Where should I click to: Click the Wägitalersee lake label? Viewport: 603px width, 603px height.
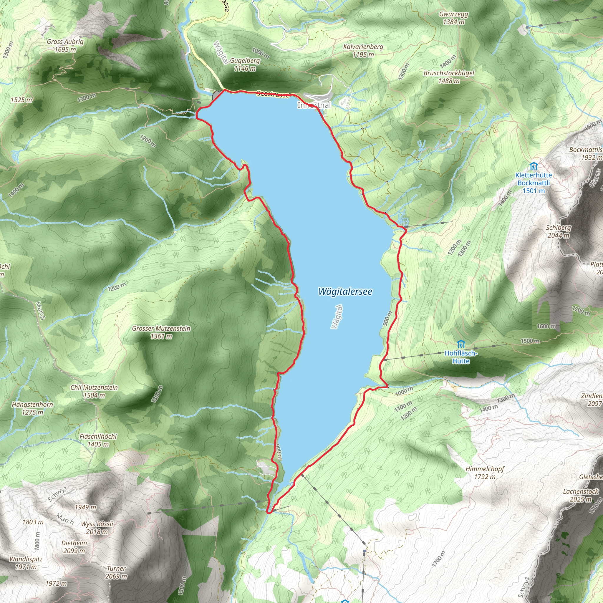pyautogui.click(x=345, y=291)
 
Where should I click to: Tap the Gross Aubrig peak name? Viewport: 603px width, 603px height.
pyautogui.click(x=65, y=46)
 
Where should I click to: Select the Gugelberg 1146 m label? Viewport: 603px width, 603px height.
pyautogui.click(x=245, y=64)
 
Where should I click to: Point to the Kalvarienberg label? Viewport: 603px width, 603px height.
pyautogui.click(x=363, y=51)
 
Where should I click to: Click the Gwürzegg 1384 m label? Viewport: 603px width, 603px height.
pyautogui.click(x=453, y=18)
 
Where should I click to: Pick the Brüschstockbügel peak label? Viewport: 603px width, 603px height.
pyautogui.click(x=449, y=77)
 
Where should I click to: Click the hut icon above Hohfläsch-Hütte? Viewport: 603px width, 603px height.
pyautogui.click(x=460, y=344)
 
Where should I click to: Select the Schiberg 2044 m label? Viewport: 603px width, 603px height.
pyautogui.click(x=558, y=231)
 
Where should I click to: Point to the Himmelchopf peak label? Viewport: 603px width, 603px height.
pyautogui.click(x=485, y=473)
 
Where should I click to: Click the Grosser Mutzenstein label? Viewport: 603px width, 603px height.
pyautogui.click(x=161, y=332)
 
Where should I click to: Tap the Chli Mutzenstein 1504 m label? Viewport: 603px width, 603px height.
pyautogui.click(x=94, y=391)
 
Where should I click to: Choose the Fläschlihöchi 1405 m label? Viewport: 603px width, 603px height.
pyautogui.click(x=98, y=440)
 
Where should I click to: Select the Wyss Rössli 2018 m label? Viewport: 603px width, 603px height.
pyautogui.click(x=97, y=527)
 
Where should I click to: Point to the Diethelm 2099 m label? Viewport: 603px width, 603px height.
pyautogui.click(x=74, y=546)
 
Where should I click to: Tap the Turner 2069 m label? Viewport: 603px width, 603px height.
pyautogui.click(x=116, y=572)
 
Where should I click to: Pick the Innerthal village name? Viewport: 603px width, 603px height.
pyautogui.click(x=314, y=105)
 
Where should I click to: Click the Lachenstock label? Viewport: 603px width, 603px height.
pyautogui.click(x=581, y=495)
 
